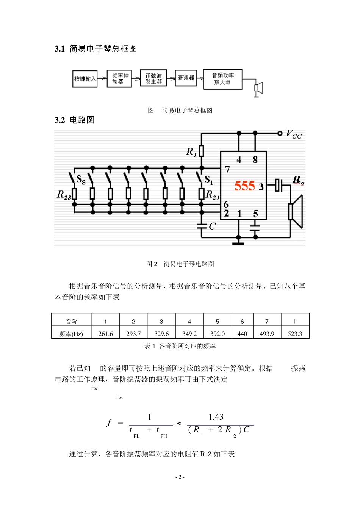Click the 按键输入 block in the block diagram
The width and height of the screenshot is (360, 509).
[85, 79]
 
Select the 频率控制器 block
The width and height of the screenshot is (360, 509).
[119, 79]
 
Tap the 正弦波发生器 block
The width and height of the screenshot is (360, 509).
[153, 78]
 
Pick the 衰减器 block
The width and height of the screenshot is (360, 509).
[186, 78]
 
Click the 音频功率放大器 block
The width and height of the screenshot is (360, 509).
[222, 79]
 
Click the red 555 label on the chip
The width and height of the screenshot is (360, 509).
[244, 186]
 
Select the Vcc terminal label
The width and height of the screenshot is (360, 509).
[294, 134]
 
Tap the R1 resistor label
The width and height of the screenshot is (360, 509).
[191, 152]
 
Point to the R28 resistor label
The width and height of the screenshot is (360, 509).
[64, 195]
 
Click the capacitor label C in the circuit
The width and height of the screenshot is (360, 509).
[212, 226]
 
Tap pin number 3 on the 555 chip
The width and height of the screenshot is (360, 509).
[261, 187]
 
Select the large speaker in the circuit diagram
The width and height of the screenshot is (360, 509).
[296, 211]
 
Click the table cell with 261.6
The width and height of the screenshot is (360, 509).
[105, 334]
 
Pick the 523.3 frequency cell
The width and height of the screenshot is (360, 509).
[295, 334]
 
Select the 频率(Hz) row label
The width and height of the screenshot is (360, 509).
[71, 334]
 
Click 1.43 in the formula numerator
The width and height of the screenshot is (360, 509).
[216, 417]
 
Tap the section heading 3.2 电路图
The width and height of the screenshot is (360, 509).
[75, 120]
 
